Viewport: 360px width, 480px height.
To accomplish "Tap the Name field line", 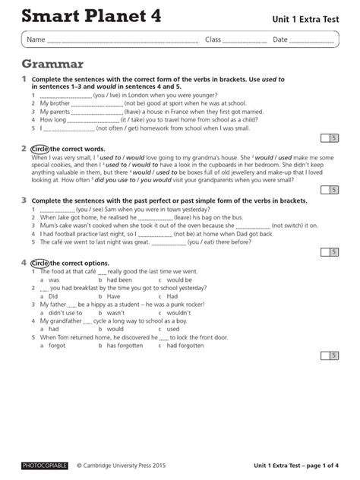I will (122, 40).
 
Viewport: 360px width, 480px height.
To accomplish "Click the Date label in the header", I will (280, 39).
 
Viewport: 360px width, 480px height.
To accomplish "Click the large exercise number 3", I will (24, 200).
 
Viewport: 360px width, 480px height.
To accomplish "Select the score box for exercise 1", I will (332, 137).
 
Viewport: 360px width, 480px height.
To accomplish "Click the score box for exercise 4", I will (332, 355).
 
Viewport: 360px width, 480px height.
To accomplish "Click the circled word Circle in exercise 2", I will (40, 149).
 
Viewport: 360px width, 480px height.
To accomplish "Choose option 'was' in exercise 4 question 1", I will (54, 280).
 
